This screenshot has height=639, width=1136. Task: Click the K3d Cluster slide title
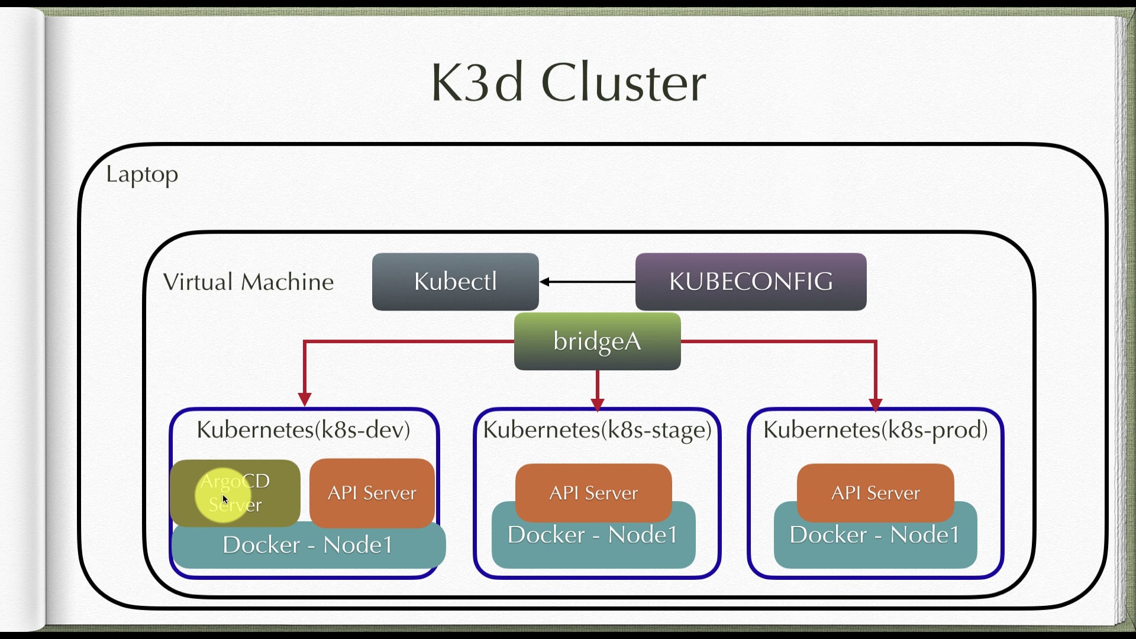click(568, 82)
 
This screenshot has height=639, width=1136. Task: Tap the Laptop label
click(142, 175)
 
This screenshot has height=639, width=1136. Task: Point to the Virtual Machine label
click(248, 282)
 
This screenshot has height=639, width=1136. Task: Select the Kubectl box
click(455, 282)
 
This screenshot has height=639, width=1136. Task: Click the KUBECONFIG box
click(751, 282)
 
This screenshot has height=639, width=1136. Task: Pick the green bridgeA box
click(597, 341)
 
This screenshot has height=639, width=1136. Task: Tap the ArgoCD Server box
click(235, 493)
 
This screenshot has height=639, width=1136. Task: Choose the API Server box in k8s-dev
click(372, 493)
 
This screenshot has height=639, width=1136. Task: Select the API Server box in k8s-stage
click(593, 492)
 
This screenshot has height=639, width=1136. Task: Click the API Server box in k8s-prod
click(875, 492)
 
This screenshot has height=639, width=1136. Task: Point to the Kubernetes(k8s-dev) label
click(304, 430)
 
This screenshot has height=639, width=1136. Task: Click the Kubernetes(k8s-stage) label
click(597, 430)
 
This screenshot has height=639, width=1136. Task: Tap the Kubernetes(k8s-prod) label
click(876, 430)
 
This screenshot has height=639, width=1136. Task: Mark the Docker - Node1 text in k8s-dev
click(308, 545)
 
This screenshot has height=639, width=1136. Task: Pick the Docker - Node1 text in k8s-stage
click(592, 535)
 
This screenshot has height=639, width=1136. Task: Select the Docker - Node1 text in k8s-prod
click(874, 535)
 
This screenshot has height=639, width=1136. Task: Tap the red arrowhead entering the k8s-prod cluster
click(876, 404)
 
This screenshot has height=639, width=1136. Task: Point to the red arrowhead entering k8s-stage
click(598, 404)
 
